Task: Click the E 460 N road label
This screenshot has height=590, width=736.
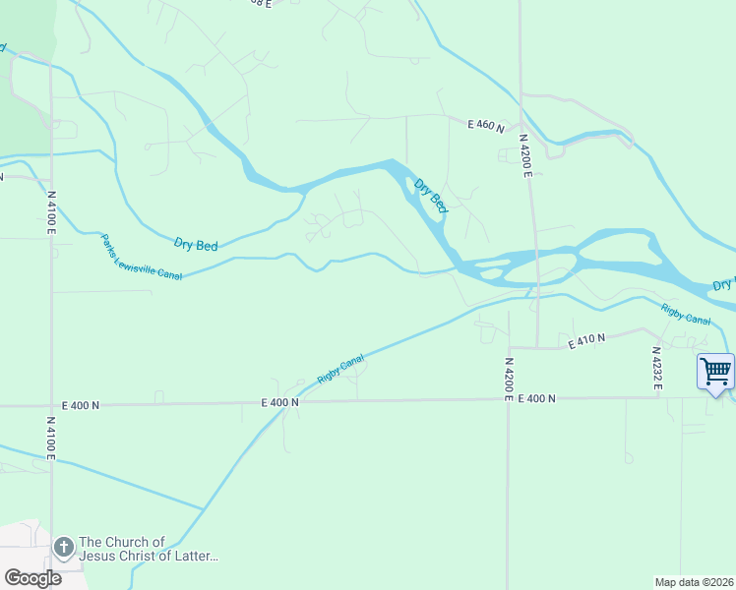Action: (x=486, y=126)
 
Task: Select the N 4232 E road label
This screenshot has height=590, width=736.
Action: (x=656, y=367)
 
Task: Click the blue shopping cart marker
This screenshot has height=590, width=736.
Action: (x=715, y=372)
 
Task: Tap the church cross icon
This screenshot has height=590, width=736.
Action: (x=63, y=546)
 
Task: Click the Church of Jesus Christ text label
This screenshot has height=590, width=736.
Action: (x=148, y=550)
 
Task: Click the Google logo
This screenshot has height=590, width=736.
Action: (x=32, y=578)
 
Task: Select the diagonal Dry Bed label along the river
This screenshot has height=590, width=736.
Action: (x=431, y=197)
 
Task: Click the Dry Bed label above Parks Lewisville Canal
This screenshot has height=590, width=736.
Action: (x=195, y=245)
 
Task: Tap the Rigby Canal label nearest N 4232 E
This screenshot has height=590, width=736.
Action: (x=686, y=315)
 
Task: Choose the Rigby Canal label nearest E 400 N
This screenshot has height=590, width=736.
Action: (x=340, y=370)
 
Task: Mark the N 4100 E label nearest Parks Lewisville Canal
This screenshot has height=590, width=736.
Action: (x=50, y=210)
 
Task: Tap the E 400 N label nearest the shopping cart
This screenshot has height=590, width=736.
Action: (x=535, y=398)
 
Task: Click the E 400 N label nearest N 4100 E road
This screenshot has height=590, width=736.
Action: (x=81, y=404)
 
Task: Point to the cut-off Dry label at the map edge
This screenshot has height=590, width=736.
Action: (x=723, y=284)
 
